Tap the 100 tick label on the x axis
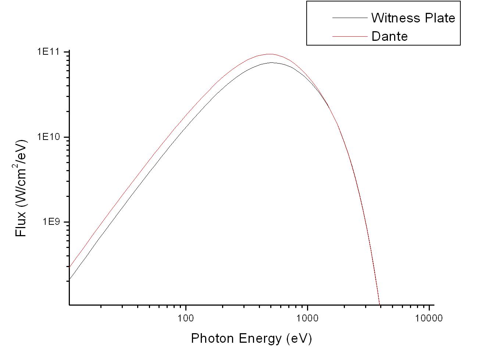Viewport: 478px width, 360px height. click(x=186, y=318)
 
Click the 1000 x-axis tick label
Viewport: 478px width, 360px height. click(x=307, y=318)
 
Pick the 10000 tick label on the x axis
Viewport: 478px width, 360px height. click(x=429, y=318)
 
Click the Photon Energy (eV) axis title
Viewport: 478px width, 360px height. click(x=252, y=338)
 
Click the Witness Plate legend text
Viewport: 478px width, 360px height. click(x=413, y=18)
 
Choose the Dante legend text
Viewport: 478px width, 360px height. click(x=389, y=36)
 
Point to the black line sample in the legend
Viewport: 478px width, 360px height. click(x=350, y=18)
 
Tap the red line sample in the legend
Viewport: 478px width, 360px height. click(x=350, y=36)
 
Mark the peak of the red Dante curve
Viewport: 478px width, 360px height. click(x=270, y=54)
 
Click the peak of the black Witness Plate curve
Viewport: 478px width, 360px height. click(x=272, y=63)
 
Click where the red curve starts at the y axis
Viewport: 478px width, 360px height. click(x=69, y=267)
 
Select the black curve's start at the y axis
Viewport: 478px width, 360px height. click(x=69, y=279)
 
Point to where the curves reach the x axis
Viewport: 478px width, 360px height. click(x=379, y=304)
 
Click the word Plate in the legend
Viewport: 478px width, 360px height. click(x=440, y=18)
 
